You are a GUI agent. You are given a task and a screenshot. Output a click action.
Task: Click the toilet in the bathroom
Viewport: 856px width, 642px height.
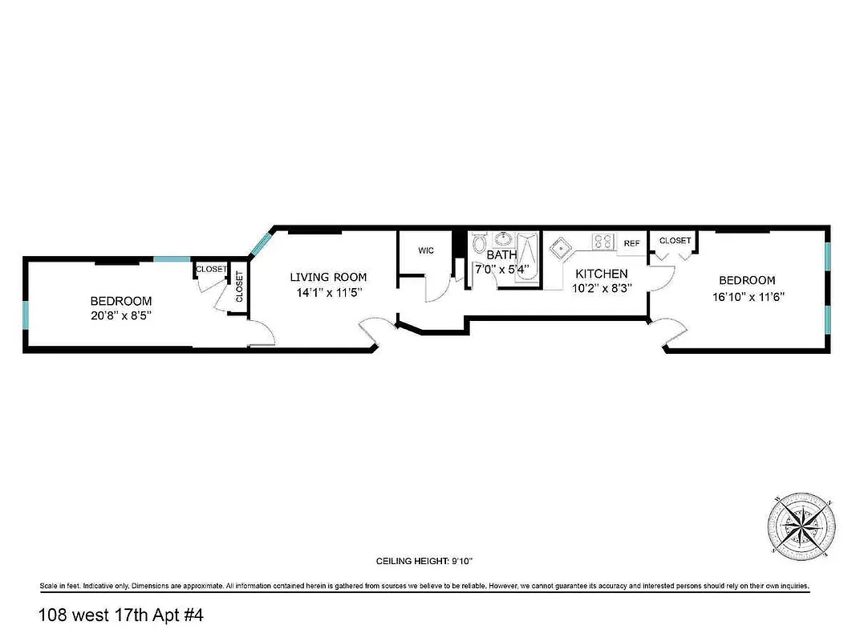480,242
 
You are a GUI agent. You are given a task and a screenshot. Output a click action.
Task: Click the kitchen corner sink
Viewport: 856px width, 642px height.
560,246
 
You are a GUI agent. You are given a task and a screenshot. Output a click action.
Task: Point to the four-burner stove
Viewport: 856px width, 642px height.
602,240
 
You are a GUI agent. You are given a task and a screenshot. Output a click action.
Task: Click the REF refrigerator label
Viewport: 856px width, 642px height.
632,243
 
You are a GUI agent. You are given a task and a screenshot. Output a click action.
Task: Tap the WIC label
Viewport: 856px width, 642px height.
426,250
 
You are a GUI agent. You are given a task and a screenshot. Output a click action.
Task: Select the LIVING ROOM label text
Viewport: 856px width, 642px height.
328,278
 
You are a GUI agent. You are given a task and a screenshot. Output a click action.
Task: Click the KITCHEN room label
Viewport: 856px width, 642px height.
600,274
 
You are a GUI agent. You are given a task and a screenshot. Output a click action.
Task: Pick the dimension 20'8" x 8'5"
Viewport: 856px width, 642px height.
120,316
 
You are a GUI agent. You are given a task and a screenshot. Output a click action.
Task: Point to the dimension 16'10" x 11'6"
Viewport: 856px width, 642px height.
747,296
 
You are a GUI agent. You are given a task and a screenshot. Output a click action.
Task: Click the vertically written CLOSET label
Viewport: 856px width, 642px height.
239,287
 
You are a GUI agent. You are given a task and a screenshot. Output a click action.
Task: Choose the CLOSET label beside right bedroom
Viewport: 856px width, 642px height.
675,241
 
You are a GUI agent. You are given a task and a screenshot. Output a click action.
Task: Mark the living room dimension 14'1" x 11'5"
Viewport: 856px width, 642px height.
328,294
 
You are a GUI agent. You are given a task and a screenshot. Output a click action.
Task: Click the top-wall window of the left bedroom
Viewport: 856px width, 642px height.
172,259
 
